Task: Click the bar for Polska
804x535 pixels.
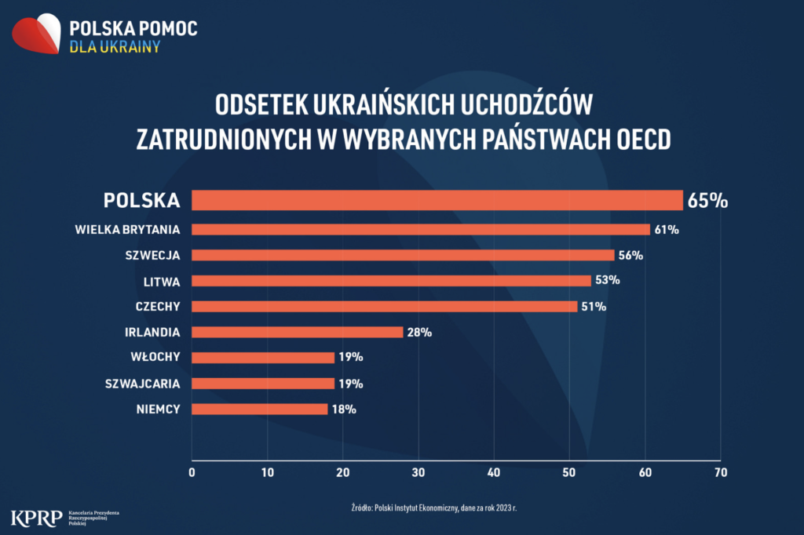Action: [x=437, y=200]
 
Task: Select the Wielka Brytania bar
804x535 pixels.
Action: [x=421, y=229]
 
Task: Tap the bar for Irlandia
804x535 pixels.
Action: [x=297, y=332]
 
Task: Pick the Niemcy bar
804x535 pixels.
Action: [x=259, y=409]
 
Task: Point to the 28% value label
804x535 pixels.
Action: [x=419, y=332]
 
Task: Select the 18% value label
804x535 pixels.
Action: [x=344, y=409]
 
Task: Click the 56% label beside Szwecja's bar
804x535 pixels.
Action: [x=630, y=255]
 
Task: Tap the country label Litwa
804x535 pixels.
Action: [x=163, y=281]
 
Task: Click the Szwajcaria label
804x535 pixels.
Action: [x=143, y=384]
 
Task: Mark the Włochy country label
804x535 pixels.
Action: [x=155, y=358]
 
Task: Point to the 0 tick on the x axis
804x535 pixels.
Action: [x=192, y=472]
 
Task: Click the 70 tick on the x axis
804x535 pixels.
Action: [x=720, y=472]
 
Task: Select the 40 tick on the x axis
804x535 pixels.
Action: [x=494, y=472]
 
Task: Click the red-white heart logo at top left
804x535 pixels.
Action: [x=36, y=35]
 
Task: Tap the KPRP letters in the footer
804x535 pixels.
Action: [x=37, y=517]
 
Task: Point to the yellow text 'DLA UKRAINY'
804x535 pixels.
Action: [x=115, y=46]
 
